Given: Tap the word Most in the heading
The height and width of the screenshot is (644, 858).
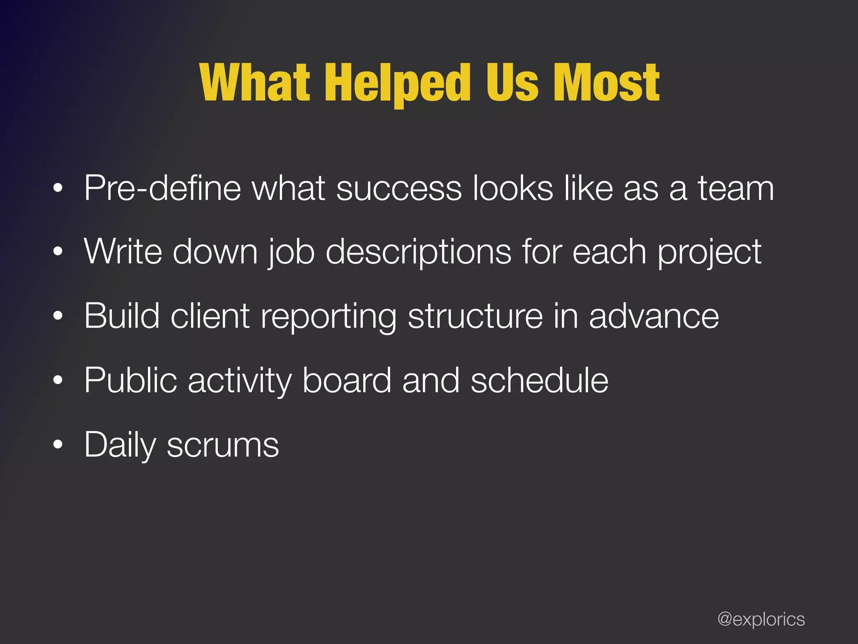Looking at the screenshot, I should tap(606, 83).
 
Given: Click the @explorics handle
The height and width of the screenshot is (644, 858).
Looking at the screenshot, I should tap(761, 619).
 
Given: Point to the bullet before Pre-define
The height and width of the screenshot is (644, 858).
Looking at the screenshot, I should tap(58, 188).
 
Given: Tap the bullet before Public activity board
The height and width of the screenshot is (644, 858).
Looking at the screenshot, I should tap(58, 380).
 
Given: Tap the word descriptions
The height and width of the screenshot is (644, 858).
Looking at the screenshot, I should tap(419, 252).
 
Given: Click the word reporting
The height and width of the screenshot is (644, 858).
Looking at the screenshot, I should tap(328, 317).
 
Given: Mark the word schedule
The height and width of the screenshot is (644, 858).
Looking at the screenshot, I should tap(539, 380).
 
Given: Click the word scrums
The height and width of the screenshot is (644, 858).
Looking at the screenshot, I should tap(223, 445).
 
